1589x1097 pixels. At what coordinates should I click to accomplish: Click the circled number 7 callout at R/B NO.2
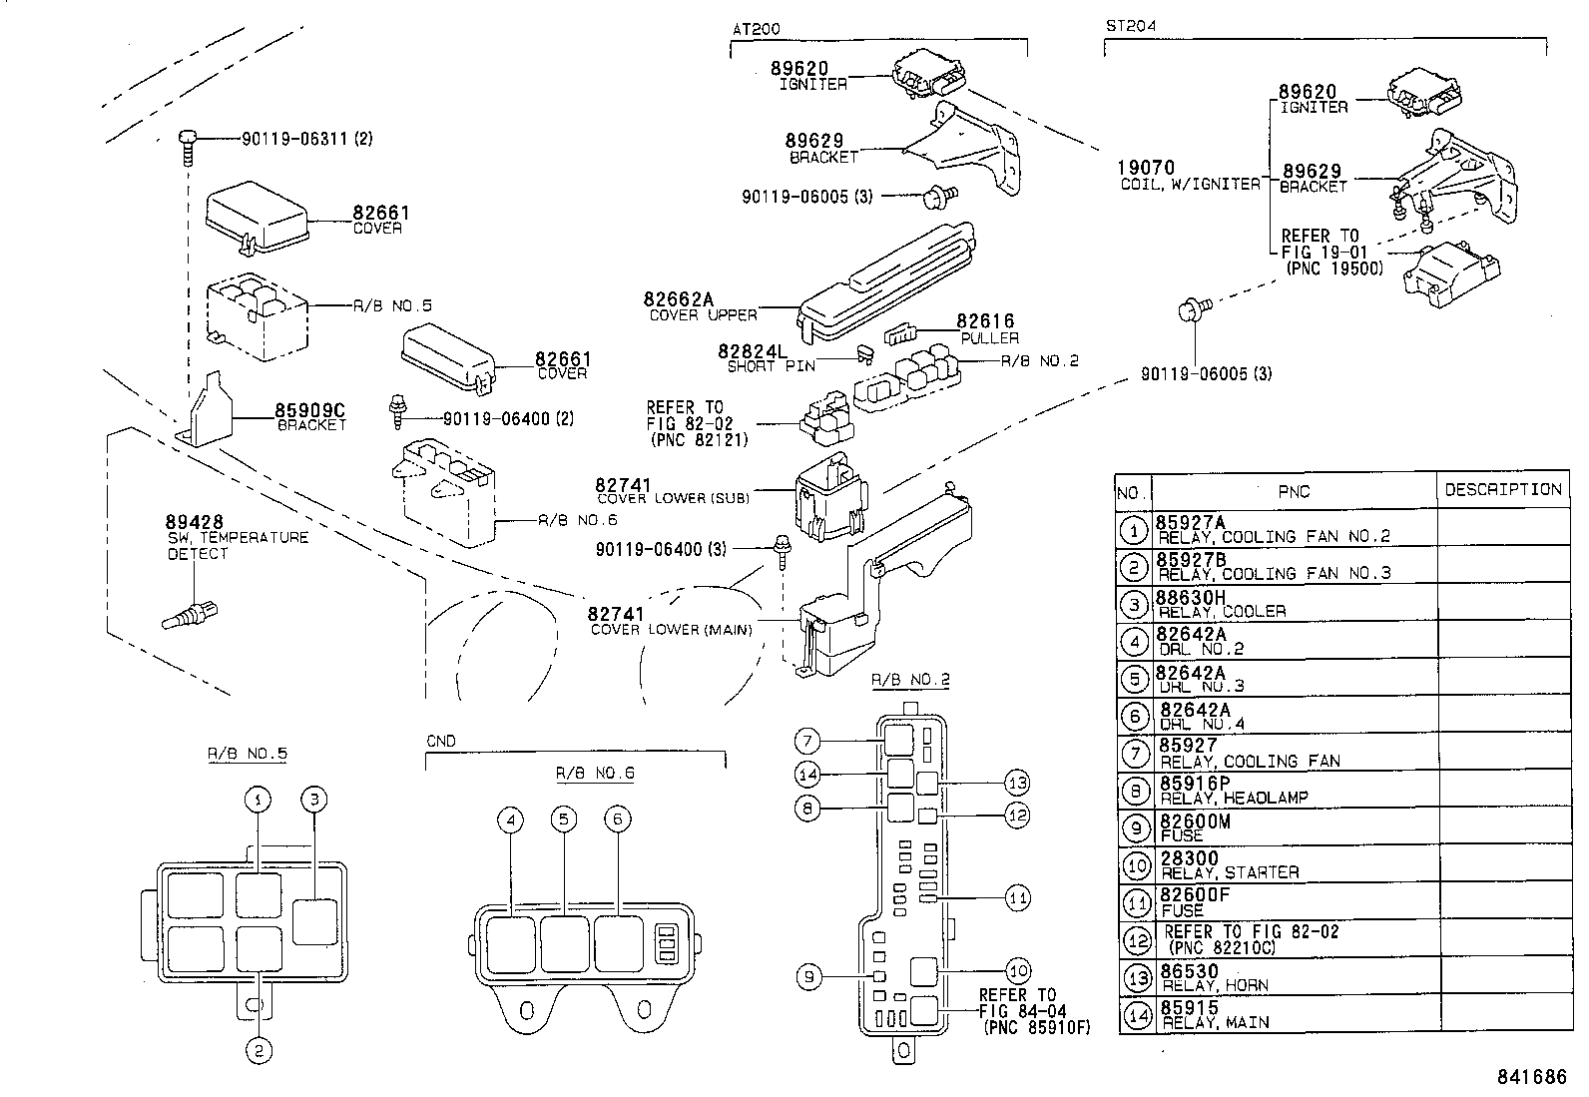pos(807,741)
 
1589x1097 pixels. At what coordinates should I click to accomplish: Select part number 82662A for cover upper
pos(679,298)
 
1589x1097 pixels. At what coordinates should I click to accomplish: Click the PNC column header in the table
pos(1294,491)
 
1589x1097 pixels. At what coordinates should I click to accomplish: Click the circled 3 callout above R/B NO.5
pos(314,799)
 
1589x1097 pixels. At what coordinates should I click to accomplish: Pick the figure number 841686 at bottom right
pos(1531,1077)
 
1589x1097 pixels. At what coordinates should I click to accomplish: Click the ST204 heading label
pos(1130,26)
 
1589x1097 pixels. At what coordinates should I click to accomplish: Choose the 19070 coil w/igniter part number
pos(1147,169)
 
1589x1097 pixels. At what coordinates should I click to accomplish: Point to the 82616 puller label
pos(985,321)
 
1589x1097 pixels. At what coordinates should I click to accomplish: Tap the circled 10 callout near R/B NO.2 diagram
pos(1017,970)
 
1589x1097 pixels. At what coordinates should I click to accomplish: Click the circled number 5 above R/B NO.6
pos(564,820)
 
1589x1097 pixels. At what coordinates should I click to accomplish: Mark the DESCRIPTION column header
pos(1502,489)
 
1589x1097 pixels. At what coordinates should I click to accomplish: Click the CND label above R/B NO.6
pos(440,741)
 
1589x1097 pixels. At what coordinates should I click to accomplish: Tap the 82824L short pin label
pos(753,351)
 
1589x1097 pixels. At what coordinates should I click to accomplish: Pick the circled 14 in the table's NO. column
pos(1135,1015)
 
